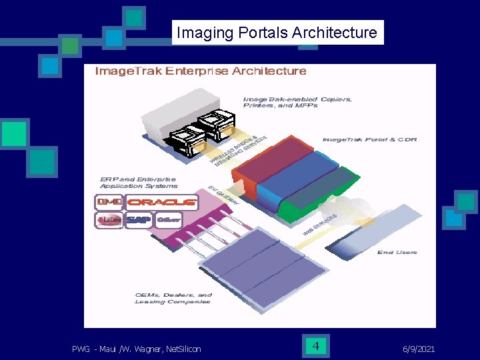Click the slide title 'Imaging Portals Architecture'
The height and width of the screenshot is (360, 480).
[x=277, y=32]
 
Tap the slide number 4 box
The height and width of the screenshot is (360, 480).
[x=316, y=346]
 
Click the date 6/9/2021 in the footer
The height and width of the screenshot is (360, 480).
[x=420, y=349]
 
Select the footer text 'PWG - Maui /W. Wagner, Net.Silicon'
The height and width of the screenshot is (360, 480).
[x=137, y=349]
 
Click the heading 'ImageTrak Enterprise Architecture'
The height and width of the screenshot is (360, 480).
[x=201, y=71]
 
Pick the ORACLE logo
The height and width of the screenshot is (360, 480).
[x=162, y=201]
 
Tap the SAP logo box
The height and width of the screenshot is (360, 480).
[x=139, y=219]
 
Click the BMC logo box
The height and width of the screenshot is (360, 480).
[x=109, y=201]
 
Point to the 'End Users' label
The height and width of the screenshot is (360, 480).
[x=397, y=252]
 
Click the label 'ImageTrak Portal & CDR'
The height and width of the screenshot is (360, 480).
[x=369, y=139]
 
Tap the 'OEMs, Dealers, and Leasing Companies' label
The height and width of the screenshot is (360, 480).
[x=173, y=298]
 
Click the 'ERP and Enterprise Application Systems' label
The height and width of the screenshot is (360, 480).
[x=136, y=182]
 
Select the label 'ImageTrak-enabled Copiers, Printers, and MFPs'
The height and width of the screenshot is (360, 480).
[x=297, y=102]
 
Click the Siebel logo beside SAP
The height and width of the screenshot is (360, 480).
[x=109, y=219]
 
